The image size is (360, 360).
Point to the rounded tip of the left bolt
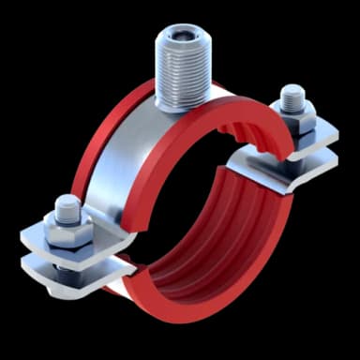(66, 203)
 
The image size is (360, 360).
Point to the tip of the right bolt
(292, 94)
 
